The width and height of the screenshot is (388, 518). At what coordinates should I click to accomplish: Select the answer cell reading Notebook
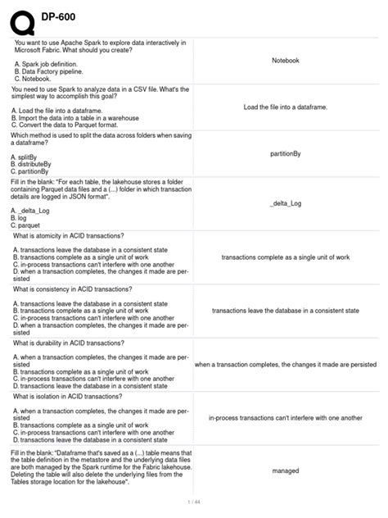pyautogui.click(x=285, y=61)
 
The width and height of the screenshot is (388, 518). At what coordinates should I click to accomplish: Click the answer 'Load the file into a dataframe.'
pyautogui.click(x=285, y=107)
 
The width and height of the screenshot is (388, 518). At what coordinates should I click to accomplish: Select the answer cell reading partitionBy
pyautogui.click(x=285, y=153)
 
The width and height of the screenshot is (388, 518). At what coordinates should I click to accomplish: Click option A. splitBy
pyautogui.click(x=31, y=157)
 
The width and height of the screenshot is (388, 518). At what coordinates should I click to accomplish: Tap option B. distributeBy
pyautogui.click(x=38, y=165)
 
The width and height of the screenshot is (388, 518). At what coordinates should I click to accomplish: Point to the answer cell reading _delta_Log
pyautogui.click(x=285, y=202)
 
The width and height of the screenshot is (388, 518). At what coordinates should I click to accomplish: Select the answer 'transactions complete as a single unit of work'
pyautogui.click(x=285, y=257)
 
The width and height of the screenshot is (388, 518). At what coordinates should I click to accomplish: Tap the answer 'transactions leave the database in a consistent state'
pyautogui.click(x=285, y=311)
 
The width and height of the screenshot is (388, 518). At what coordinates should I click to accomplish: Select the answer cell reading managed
pyautogui.click(x=285, y=471)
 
